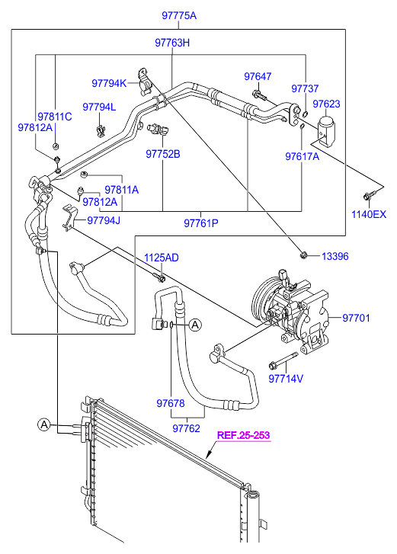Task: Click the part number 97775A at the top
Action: (179, 15)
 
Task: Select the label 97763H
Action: (172, 43)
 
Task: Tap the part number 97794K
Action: (109, 83)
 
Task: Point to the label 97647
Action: (258, 76)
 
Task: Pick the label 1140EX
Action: (369, 214)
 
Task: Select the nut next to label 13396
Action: (303, 255)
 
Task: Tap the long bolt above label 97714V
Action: (283, 360)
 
